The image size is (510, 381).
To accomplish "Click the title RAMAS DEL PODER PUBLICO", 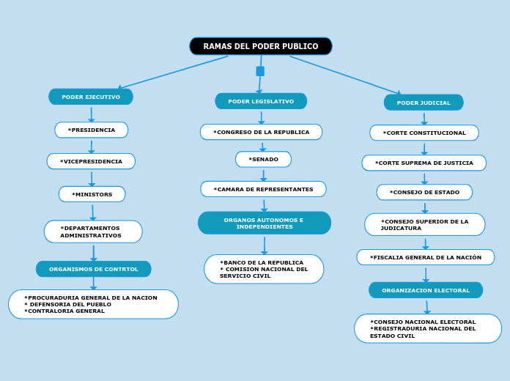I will click(260, 46).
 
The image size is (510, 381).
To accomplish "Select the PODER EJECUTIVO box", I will click(91, 97).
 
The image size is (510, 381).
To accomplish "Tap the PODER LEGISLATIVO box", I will click(261, 101).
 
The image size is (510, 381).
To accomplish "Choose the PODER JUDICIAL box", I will click(424, 103).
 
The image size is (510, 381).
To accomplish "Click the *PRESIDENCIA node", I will click(92, 130).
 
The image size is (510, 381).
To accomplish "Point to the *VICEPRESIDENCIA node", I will click(91, 161).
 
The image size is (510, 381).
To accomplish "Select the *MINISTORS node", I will click(92, 194).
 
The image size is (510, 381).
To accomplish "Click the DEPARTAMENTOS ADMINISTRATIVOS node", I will click(93, 232).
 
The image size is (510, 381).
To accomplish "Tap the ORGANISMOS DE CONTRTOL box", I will click(94, 269).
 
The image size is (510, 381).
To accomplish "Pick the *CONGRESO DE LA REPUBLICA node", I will click(261, 132).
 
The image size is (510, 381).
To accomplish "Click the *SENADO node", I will click(263, 159).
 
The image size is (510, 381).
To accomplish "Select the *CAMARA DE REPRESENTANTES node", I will click(263, 189).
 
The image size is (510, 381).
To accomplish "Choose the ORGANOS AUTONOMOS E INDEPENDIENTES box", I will click(264, 223).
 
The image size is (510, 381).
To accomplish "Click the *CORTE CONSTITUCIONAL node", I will click(424, 133).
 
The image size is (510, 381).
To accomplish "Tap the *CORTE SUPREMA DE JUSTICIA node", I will click(424, 163).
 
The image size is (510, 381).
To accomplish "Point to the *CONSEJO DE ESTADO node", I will click(424, 192).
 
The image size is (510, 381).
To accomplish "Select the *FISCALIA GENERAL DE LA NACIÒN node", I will click(426, 257).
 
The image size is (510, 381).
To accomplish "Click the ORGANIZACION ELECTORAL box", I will click(426, 290).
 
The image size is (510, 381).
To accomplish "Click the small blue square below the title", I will click(260, 71).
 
